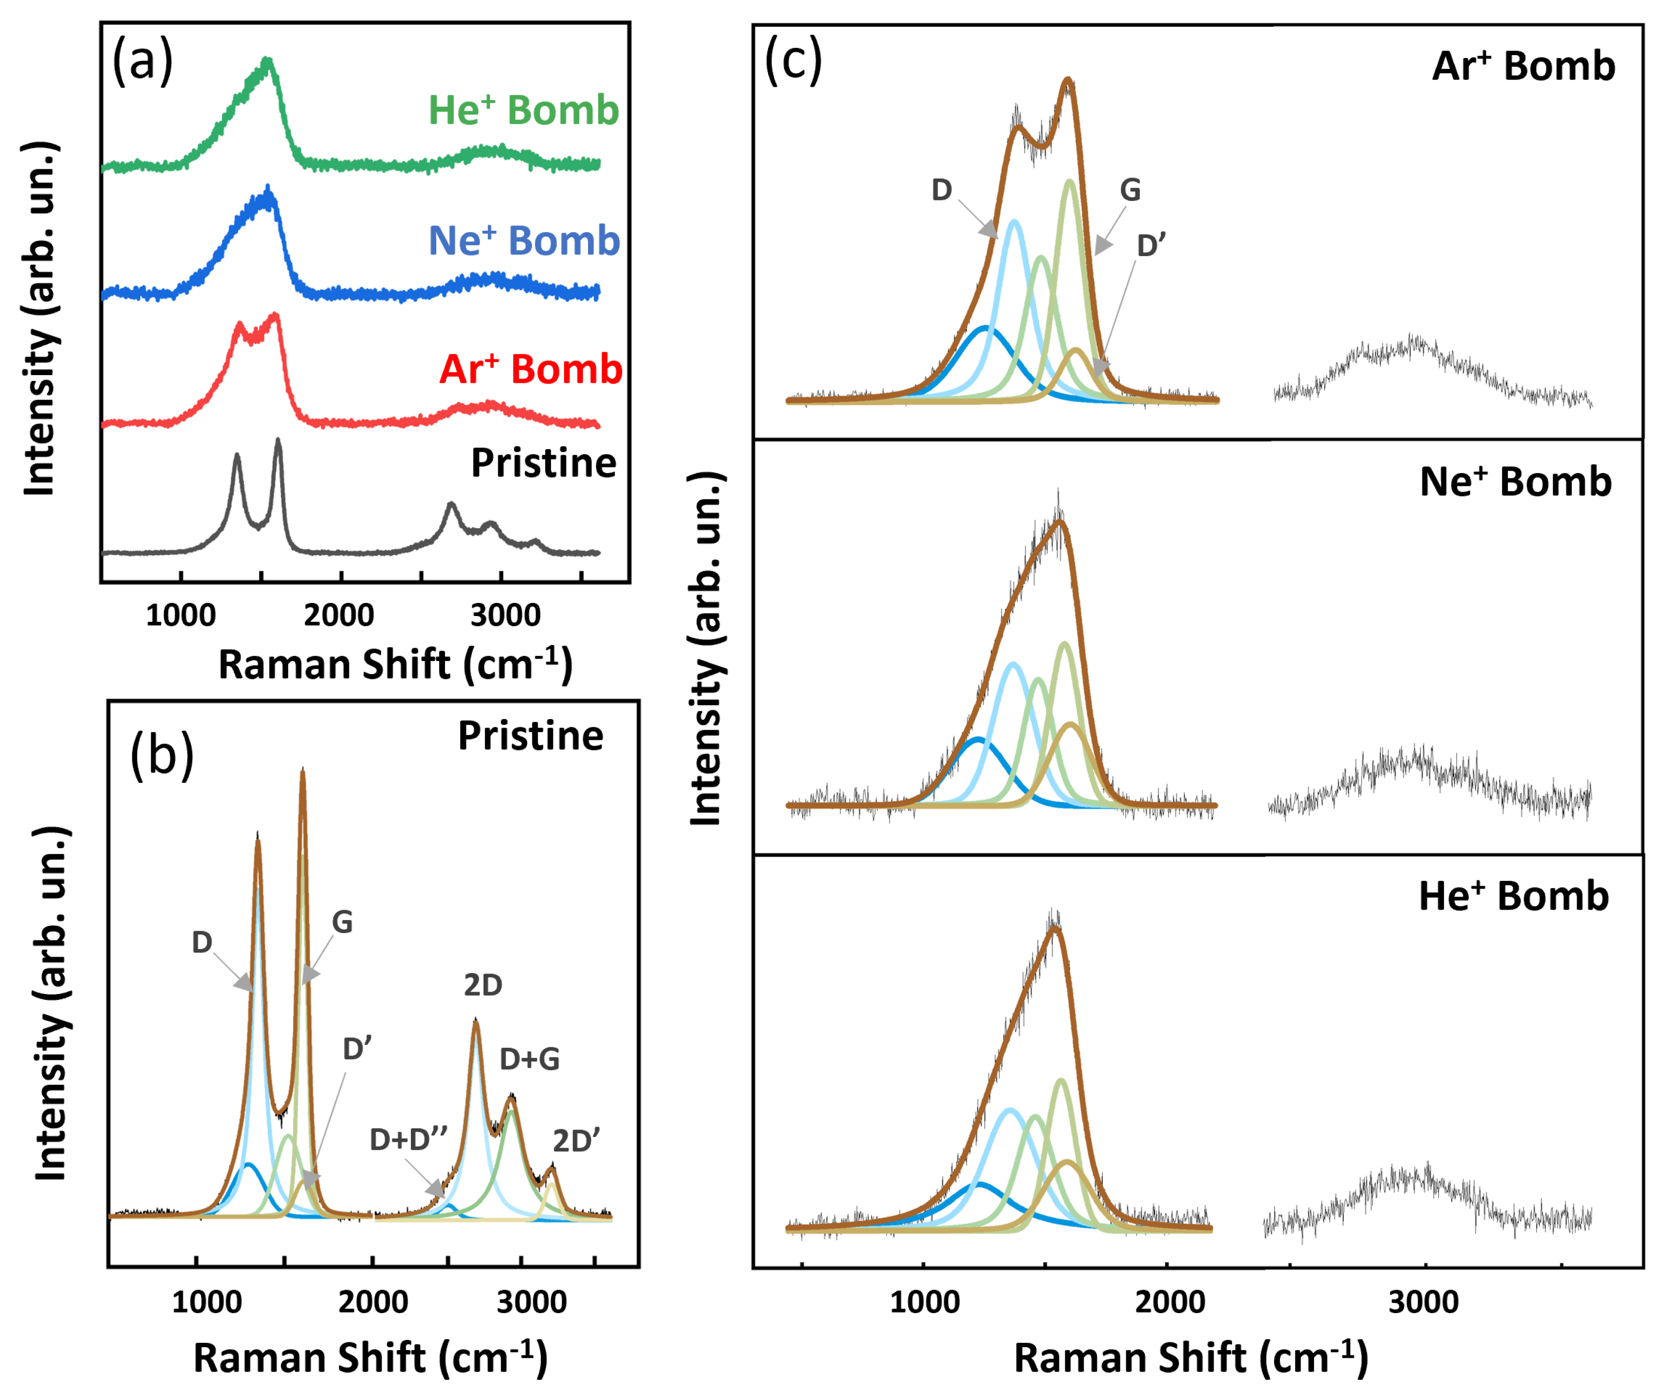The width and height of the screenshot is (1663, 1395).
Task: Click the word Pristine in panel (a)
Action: (543, 463)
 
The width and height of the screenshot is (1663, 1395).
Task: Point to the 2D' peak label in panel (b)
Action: (576, 1142)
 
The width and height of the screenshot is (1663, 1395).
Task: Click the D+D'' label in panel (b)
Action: (408, 1140)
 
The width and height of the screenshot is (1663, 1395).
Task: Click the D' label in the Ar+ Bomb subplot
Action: (1152, 246)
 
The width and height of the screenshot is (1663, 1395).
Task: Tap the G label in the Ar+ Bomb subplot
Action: (1130, 190)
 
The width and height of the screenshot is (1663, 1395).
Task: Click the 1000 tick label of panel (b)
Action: (207, 1302)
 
